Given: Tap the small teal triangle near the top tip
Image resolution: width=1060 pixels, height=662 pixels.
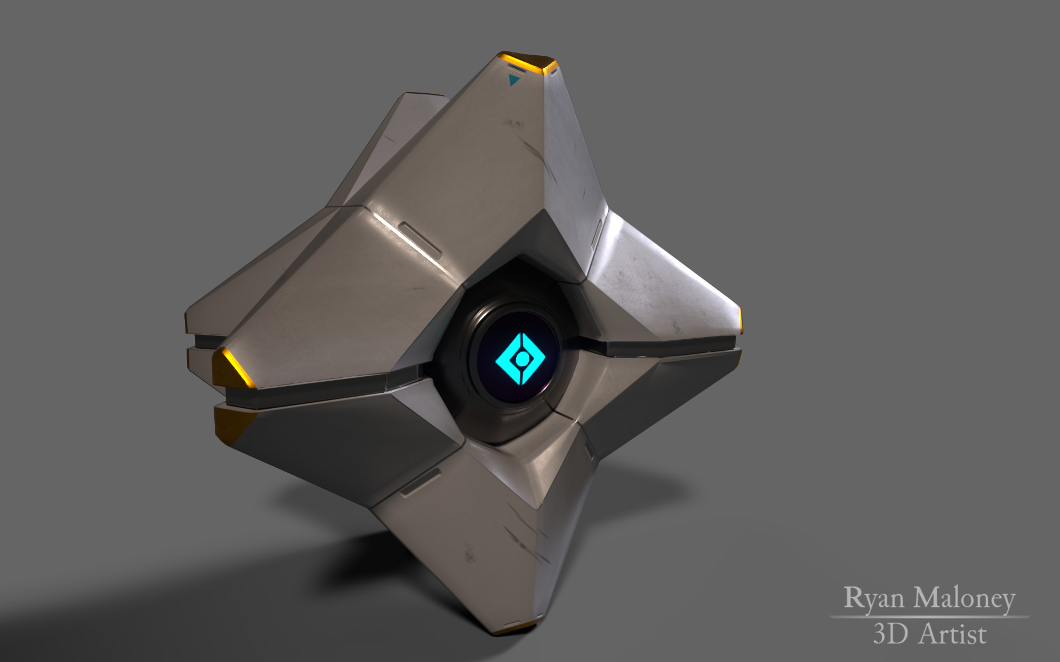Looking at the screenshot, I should [514, 82].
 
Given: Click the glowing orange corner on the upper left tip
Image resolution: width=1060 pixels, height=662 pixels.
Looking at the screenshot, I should [232, 367].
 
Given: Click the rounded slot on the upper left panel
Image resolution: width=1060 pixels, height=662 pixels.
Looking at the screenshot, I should [420, 241].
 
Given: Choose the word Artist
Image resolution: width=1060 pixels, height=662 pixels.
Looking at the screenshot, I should [952, 634].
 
